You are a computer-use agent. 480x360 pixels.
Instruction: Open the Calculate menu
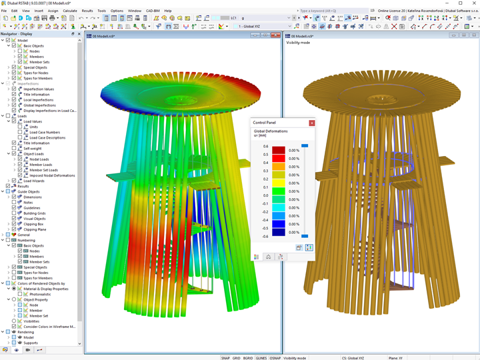[69, 11]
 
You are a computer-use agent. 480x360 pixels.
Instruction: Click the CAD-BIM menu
[153, 11]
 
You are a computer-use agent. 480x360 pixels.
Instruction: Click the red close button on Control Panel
[312, 123]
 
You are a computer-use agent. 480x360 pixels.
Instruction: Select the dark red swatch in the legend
[278, 151]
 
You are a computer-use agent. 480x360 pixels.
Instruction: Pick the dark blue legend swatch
[278, 232]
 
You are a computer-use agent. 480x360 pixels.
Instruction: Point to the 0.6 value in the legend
[265, 147]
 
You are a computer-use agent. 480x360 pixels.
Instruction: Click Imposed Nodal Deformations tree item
[51, 175]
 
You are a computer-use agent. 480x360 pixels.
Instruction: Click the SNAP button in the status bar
[225, 358]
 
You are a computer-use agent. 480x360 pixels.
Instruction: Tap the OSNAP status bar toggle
[275, 358]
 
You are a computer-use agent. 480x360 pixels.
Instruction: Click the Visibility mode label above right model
[298, 42]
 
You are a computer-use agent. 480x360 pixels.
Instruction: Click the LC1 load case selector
[233, 18]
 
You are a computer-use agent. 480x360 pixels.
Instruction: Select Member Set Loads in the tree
[44, 170]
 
